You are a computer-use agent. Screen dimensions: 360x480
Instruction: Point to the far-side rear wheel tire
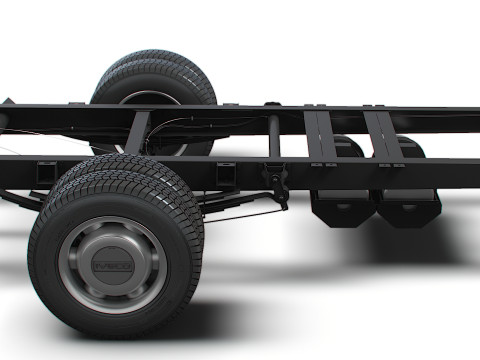pos(155,75)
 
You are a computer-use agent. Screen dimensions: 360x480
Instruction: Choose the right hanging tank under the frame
pos(410,205)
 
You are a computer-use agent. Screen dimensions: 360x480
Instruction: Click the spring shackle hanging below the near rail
pos(277,186)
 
